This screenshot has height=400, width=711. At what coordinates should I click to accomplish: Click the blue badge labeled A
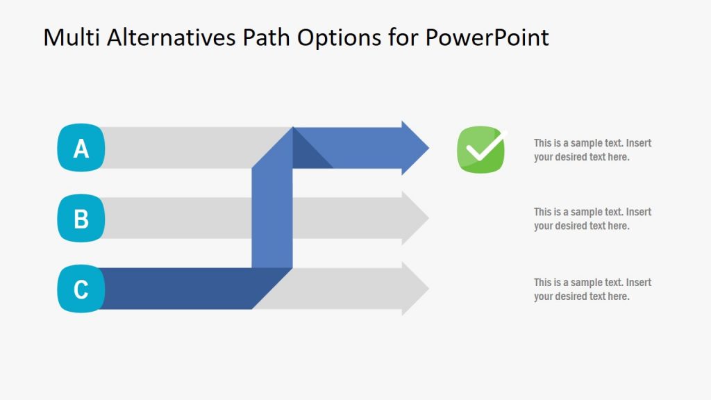(x=81, y=147)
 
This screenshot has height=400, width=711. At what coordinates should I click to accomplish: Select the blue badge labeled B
(x=81, y=218)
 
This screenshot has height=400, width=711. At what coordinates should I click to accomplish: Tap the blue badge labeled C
(x=81, y=288)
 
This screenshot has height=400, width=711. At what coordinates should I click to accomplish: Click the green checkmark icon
(x=481, y=149)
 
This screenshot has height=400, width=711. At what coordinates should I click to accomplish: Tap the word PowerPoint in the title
(x=487, y=37)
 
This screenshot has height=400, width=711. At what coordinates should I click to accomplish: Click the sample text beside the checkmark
(x=592, y=150)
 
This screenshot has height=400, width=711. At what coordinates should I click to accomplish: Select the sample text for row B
(x=592, y=219)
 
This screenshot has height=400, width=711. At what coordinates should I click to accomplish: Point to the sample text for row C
(x=592, y=290)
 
